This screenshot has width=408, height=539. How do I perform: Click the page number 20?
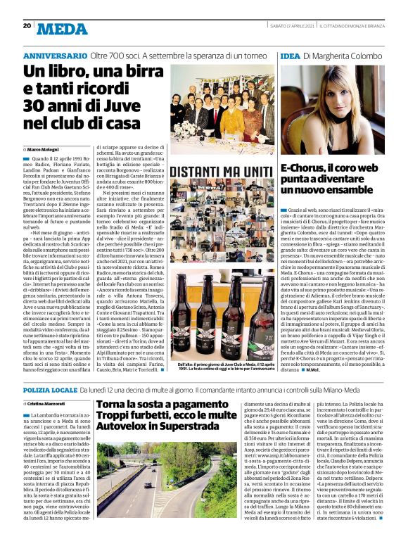tap(27, 25)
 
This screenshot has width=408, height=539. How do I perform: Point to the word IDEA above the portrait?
tap(290, 55)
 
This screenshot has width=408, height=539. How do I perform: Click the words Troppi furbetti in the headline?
tap(129, 416)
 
